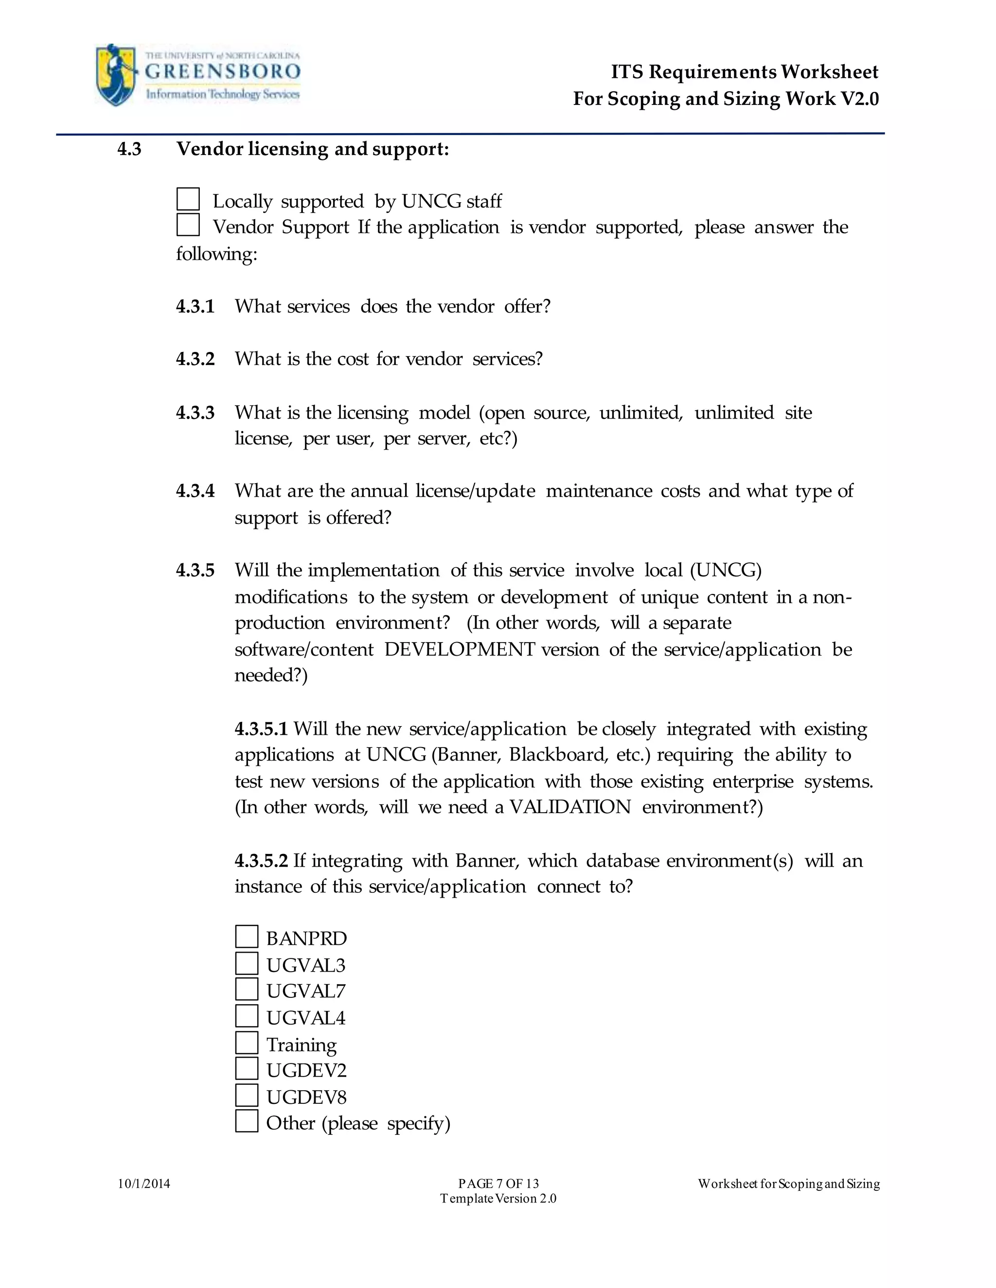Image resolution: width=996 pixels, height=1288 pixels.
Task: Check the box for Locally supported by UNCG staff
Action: click(188, 199)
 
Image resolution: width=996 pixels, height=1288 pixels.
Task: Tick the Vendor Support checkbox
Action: click(188, 226)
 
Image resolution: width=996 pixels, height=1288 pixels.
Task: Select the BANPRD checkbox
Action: click(247, 937)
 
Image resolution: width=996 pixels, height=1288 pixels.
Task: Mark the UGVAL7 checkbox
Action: click(247, 989)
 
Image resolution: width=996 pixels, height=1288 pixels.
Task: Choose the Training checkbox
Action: click(247, 1042)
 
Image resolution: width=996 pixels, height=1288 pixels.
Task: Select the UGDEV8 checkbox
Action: click(247, 1095)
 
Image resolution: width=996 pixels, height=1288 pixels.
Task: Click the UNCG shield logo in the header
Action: click(116, 74)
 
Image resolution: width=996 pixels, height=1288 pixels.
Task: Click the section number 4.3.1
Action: click(196, 307)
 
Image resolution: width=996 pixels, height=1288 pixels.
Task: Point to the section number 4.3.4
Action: click(196, 491)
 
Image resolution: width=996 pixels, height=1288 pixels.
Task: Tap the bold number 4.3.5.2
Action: click(261, 861)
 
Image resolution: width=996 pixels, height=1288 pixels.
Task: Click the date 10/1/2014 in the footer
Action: click(144, 1184)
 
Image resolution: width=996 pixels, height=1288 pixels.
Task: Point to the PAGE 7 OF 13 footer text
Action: click(498, 1184)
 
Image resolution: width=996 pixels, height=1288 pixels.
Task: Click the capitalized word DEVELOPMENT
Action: click(460, 649)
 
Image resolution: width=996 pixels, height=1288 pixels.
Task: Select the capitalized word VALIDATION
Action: click(570, 807)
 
